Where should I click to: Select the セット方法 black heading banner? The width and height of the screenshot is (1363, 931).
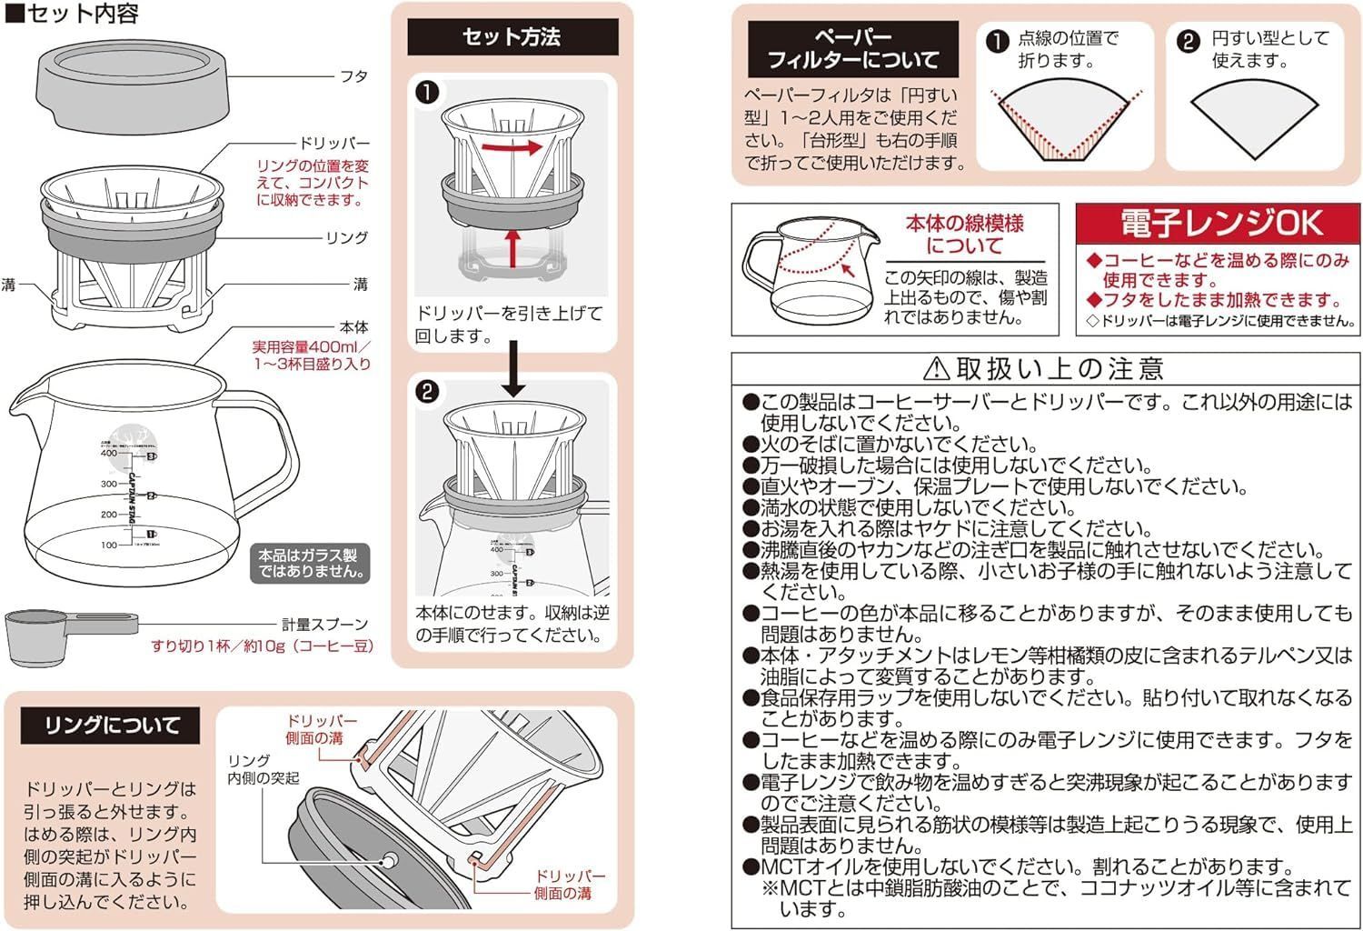coord(512,37)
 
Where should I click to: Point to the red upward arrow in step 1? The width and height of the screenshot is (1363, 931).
coord(513,248)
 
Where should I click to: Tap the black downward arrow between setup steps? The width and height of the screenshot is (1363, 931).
coord(514,368)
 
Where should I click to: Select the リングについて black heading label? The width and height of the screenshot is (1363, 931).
coord(110,726)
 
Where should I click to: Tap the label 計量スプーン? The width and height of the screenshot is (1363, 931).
coord(324,625)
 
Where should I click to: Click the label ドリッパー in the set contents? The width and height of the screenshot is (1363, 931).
coord(335,144)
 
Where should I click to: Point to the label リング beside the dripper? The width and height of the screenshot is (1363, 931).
coord(346,237)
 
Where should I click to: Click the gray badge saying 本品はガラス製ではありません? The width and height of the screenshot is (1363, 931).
coord(310,563)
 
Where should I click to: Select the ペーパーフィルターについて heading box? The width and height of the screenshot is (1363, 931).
coord(852,49)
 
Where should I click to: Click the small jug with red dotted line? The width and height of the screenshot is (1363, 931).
coord(807,268)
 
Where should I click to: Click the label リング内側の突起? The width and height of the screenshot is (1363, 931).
coord(263,769)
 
